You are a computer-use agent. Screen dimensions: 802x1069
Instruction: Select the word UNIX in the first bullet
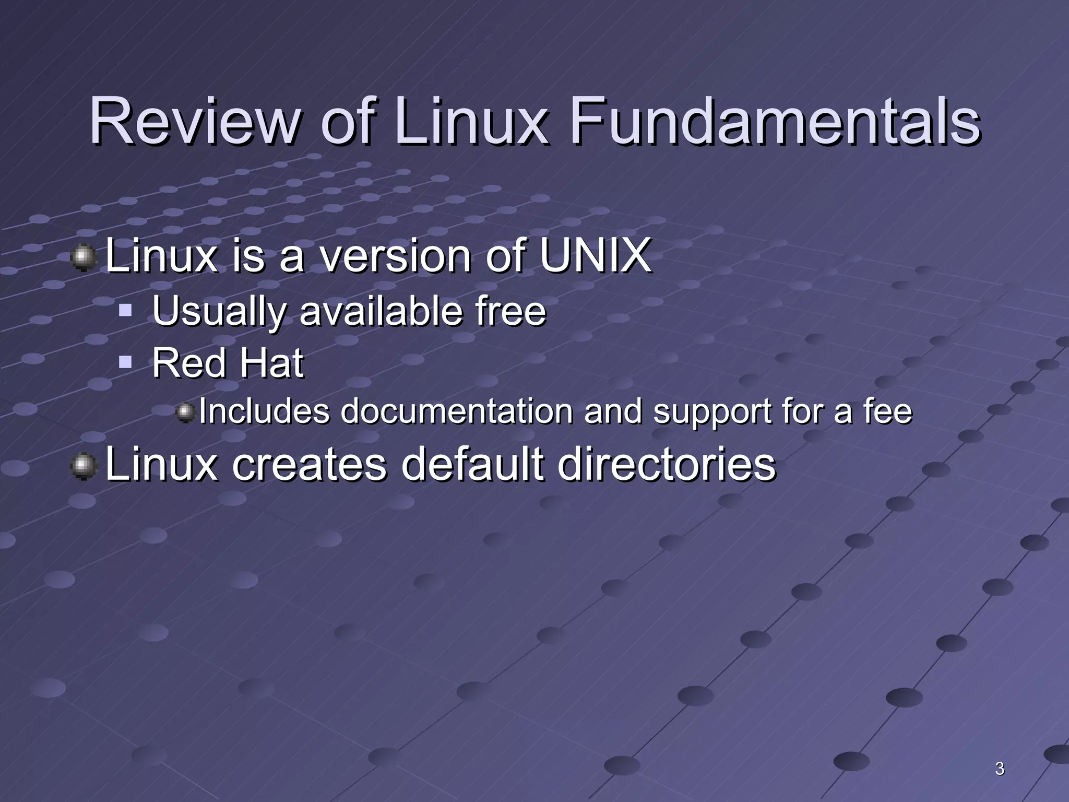(x=595, y=256)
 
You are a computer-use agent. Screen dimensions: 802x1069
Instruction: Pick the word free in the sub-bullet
(x=510, y=311)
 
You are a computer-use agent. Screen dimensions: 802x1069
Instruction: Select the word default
(x=472, y=464)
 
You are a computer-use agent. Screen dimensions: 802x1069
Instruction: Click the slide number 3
(x=999, y=769)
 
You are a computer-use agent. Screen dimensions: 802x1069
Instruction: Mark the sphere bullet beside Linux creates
(x=83, y=466)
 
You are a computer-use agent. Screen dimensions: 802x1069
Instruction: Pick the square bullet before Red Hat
(x=125, y=361)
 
